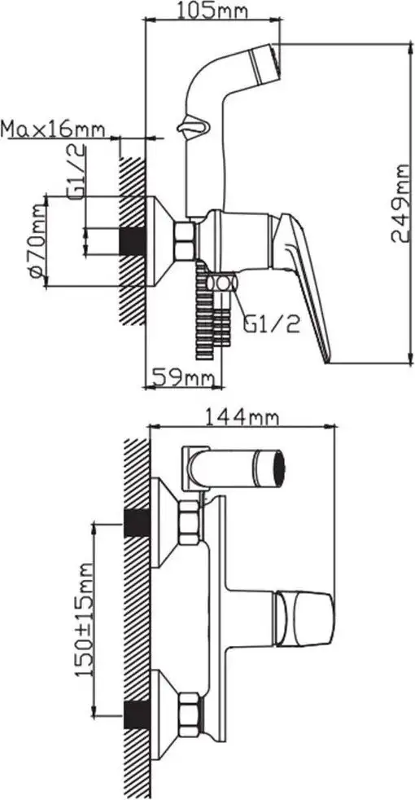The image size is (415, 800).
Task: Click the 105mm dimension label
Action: (212, 10)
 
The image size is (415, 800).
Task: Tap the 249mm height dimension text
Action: (401, 204)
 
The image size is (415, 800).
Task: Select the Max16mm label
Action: (53, 129)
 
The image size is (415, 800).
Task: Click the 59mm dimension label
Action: (183, 378)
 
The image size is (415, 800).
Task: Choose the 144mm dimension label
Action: (242, 417)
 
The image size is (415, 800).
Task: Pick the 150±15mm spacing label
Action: (85, 619)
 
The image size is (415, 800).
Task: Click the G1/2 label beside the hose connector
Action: (271, 323)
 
